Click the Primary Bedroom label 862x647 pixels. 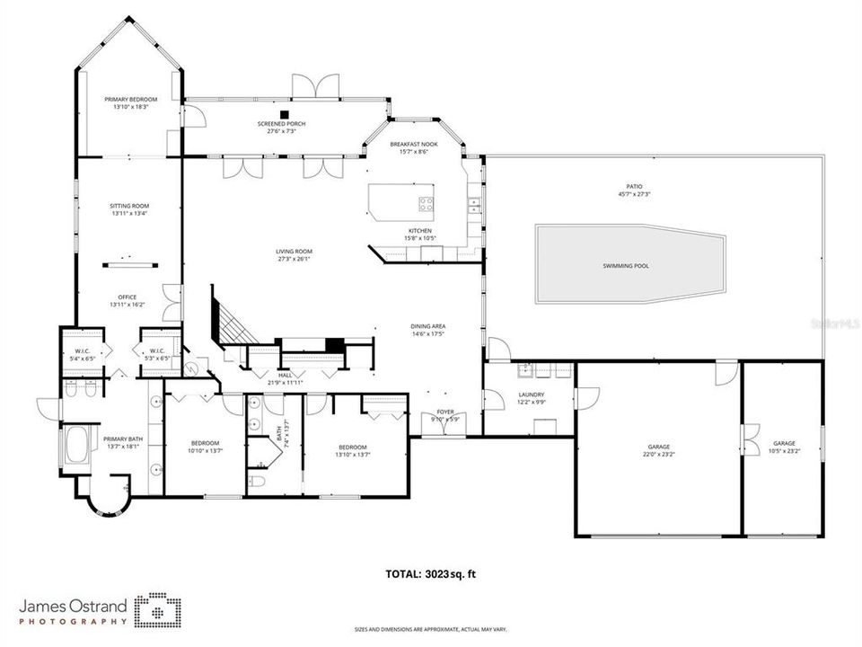pos(130,99)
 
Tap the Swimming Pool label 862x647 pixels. pos(626,266)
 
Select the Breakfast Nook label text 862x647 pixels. pos(413,144)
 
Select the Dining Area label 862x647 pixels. pos(428,326)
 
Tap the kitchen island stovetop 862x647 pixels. pos(426,202)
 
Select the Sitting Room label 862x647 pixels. pos(129,206)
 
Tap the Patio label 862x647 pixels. pos(635,186)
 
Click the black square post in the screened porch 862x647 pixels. pos(284,114)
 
